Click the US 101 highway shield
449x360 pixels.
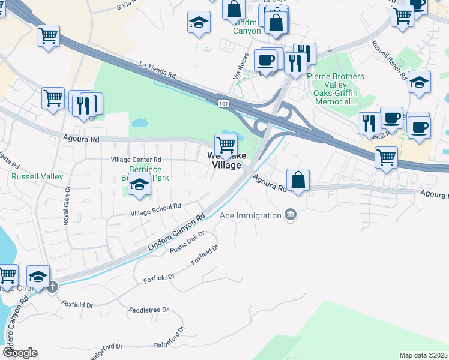coord(223,103)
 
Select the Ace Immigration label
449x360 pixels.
coord(250,215)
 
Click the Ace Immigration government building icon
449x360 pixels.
coord(291,215)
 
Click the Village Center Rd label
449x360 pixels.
coord(136,160)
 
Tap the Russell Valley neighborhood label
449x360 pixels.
coord(38,176)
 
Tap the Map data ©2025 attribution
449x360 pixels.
coord(423,355)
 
